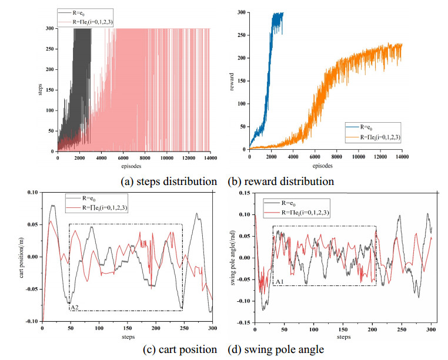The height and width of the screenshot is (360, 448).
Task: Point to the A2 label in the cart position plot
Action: tap(75, 307)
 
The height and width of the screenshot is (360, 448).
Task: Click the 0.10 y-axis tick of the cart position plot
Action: tap(32, 192)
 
